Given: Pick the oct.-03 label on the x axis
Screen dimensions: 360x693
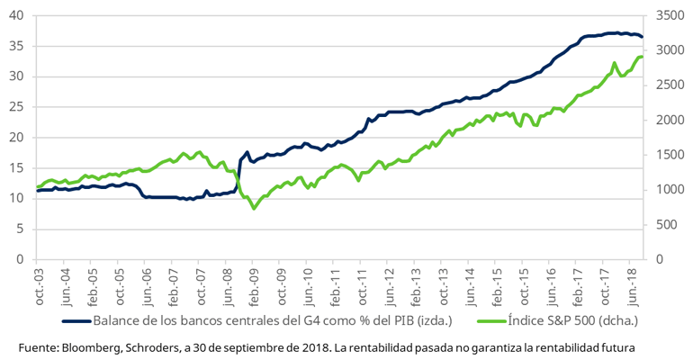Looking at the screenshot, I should coord(38,286).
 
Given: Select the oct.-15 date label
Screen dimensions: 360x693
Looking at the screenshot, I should coord(525,286).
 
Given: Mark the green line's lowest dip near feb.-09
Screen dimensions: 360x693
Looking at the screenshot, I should coord(254,209).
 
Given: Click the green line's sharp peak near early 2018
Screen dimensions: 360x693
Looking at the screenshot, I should coord(614,63).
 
